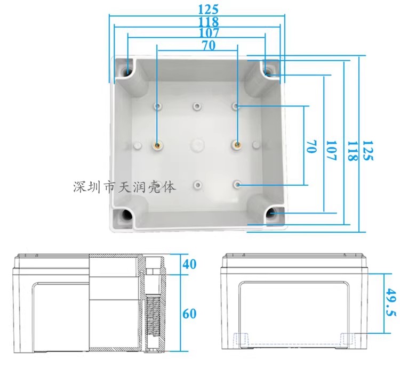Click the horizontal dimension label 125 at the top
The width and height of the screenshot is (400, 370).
(x=209, y=10)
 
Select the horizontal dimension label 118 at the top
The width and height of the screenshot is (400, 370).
(x=209, y=22)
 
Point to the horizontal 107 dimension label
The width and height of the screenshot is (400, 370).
(x=209, y=32)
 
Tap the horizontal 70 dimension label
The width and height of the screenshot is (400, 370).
(x=209, y=46)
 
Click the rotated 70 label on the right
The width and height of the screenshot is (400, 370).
(x=311, y=146)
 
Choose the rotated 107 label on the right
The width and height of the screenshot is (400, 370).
(x=332, y=151)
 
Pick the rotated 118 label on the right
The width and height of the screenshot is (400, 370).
(x=353, y=151)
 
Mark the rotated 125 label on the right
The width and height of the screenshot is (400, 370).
(x=367, y=151)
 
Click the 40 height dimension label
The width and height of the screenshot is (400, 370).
(x=189, y=264)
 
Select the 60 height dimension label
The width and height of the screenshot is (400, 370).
(x=189, y=314)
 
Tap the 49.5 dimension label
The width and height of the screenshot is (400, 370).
(x=391, y=302)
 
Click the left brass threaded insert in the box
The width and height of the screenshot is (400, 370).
(x=157, y=145)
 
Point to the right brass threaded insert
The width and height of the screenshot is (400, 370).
(x=236, y=145)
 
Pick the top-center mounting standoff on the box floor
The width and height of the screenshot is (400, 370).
(x=197, y=106)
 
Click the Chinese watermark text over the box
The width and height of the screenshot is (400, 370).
(x=124, y=187)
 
